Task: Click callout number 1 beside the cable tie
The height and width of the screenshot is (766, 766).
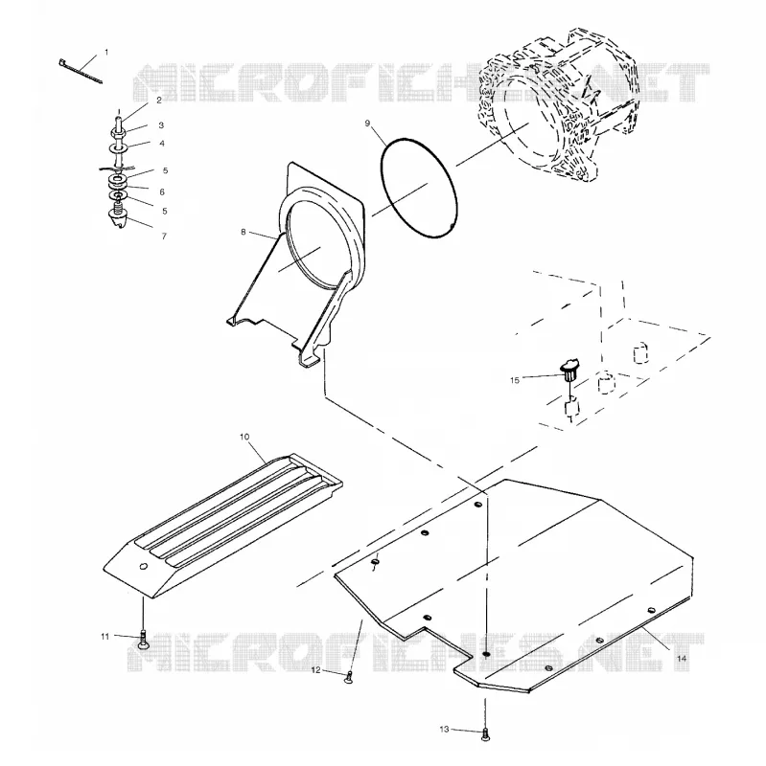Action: [106, 53]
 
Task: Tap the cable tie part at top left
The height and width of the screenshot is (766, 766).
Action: [81, 71]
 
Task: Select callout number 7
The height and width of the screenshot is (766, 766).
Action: [164, 236]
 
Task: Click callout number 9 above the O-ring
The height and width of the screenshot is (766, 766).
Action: [368, 124]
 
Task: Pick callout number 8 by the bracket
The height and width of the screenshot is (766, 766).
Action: [244, 232]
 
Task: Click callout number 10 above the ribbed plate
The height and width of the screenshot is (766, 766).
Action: [244, 437]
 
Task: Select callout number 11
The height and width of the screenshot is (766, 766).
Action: [105, 637]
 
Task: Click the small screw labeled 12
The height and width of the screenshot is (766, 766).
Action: [349, 677]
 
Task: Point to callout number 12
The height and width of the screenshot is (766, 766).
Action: [316, 670]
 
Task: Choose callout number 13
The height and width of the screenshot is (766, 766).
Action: [444, 730]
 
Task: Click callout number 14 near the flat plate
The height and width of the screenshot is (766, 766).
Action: [682, 659]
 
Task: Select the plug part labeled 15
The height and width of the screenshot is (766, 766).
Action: [569, 370]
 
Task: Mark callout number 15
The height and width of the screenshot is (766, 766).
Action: [515, 380]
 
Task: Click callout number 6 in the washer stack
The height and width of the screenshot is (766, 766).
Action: [162, 192]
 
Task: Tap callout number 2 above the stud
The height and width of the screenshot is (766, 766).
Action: [159, 101]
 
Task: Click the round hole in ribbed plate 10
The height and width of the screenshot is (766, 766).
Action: [143, 566]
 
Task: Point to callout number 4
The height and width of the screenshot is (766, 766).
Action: [162, 144]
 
